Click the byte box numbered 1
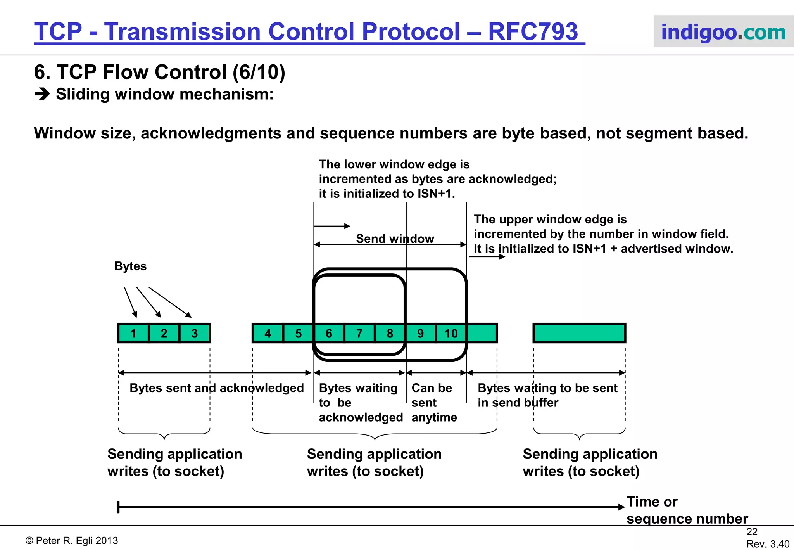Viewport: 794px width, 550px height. pos(133,333)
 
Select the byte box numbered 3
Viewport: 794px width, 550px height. pos(195,333)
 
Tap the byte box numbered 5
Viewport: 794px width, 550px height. pos(298,333)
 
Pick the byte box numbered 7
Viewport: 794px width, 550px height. pos(359,333)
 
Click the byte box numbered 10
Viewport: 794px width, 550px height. pos(451,333)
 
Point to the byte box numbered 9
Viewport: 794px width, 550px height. pos(420,333)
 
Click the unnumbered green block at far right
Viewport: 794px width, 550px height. pos(579,333)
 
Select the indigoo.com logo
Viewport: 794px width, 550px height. pos(723,32)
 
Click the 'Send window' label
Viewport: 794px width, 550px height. pos(395,239)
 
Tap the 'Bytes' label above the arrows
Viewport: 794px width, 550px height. pos(130,266)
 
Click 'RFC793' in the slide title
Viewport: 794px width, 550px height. pos(533,31)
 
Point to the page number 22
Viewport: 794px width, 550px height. pos(752,532)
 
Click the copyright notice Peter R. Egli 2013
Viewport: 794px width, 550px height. pos(72,540)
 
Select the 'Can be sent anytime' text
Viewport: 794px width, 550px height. pos(434,403)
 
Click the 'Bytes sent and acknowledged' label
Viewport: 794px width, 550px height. pos(216,388)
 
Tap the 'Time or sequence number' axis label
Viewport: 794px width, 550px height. pos(686,510)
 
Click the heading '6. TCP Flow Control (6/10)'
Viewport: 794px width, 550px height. pos(159,72)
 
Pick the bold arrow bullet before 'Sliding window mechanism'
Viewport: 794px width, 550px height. pos(42,94)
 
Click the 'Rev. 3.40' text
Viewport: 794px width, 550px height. pos(768,544)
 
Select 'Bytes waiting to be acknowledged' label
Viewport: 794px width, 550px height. pos(360,403)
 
